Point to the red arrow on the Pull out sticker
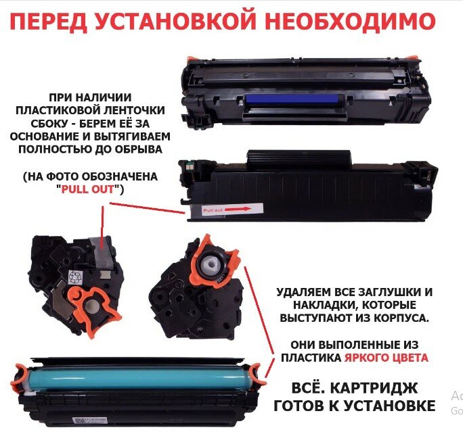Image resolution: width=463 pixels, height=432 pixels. pyautogui.click(x=239, y=210)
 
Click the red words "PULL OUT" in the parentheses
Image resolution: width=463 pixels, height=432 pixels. pyautogui.click(x=90, y=190)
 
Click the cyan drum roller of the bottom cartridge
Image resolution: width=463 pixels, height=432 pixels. pyautogui.click(x=135, y=376)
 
